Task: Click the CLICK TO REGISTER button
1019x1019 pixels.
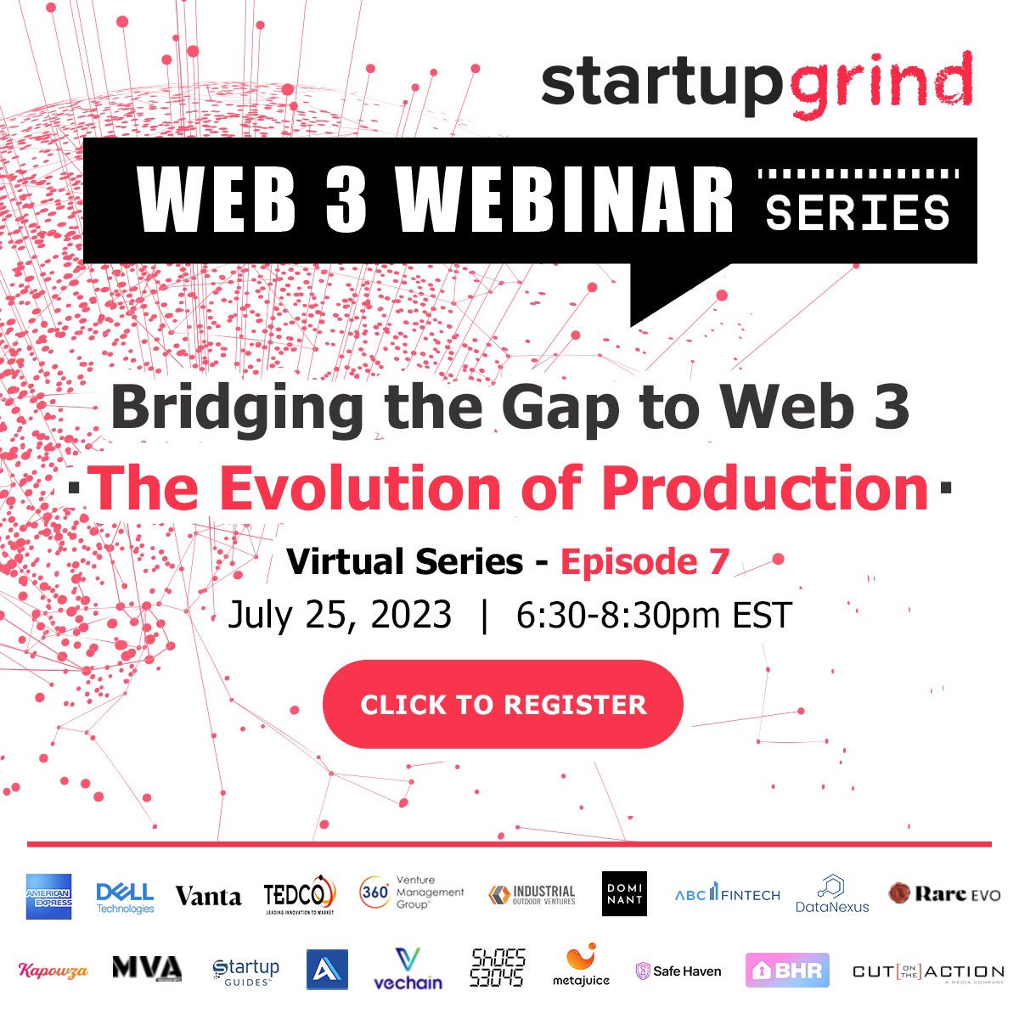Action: [503, 704]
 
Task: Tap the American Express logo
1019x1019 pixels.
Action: [48, 896]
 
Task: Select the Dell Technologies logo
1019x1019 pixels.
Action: [125, 897]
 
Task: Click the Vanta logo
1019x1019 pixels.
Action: [208, 896]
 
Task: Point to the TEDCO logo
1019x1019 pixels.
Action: [300, 895]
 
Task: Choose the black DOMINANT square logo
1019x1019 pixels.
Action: [624, 893]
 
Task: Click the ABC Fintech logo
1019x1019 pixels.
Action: [727, 894]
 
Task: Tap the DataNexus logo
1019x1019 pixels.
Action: [832, 895]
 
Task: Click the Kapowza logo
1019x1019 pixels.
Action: [53, 971]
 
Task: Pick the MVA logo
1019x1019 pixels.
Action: [147, 968]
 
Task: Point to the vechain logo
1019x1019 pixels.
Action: [408, 970]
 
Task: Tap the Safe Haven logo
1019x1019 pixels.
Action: [678, 971]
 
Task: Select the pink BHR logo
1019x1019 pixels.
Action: [787, 971]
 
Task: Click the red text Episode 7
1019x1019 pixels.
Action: [645, 561]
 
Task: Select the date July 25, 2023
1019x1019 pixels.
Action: [340, 614]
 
